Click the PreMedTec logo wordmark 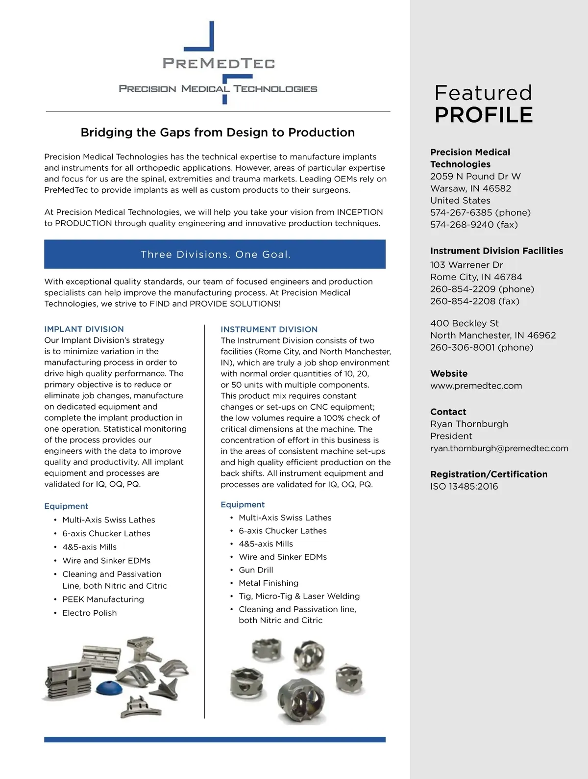[219, 63]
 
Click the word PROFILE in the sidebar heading [483, 115]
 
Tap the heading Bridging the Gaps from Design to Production [218, 132]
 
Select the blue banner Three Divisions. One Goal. [215, 254]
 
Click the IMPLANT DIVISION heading [84, 329]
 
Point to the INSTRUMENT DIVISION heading [269, 329]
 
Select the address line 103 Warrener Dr [466, 265]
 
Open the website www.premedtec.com [476, 386]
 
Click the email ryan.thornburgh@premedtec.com [499, 448]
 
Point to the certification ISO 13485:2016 [464, 487]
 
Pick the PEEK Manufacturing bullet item [103, 599]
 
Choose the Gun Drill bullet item [256, 570]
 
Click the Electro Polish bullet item [89, 613]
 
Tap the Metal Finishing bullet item [269, 583]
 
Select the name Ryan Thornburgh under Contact [469, 424]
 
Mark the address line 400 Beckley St [464, 323]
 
